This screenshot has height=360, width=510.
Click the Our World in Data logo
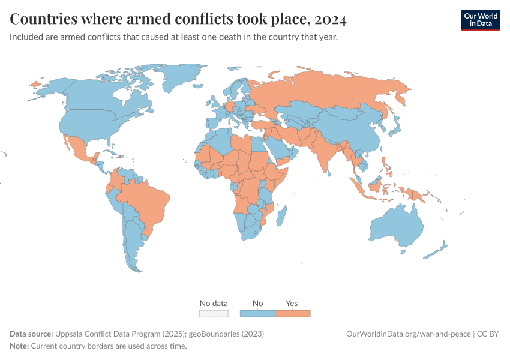tap(480, 20)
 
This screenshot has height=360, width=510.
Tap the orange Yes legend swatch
tap(292, 313)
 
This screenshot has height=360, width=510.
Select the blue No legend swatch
tap(257, 313)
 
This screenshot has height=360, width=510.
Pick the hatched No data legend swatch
tap(214, 313)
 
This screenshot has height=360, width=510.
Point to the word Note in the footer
tap(19, 346)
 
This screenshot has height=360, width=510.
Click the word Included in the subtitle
tap(27, 37)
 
